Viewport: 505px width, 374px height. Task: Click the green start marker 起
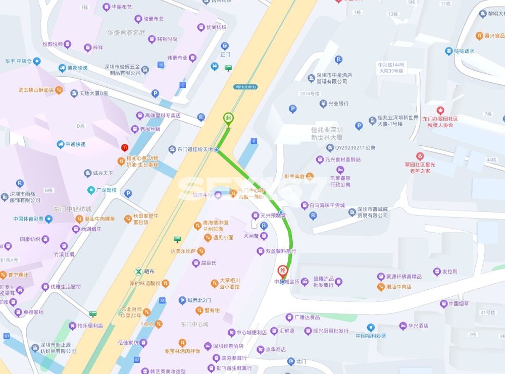click(228, 119)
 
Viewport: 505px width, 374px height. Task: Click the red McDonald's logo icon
click(124, 148)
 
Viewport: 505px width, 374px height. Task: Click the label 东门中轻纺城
click(73, 209)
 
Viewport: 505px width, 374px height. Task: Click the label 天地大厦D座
click(93, 93)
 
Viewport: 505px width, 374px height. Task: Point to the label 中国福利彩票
click(371, 336)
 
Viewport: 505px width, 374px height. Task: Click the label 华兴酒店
click(418, 326)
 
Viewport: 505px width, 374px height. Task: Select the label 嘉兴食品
click(494, 36)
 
